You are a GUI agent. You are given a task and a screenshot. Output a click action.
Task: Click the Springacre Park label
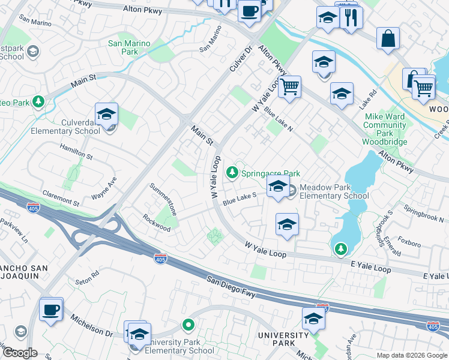pyautogui.click(x=270, y=173)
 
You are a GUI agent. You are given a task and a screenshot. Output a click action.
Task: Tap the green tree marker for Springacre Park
pyautogui.click(x=232, y=173)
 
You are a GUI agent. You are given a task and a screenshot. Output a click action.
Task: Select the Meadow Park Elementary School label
pyautogui.click(x=334, y=191)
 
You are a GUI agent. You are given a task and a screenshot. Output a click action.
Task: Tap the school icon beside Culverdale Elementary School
pyautogui.click(x=107, y=114)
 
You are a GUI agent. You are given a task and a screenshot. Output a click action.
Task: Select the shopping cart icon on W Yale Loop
pyautogui.click(x=289, y=87)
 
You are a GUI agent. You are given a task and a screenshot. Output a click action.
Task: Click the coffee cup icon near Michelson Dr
pyautogui.click(x=51, y=310)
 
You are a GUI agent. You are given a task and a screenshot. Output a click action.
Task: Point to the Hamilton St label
pyautogui.click(x=76, y=152)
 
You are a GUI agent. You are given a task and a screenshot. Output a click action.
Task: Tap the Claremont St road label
pyautogui.click(x=61, y=199)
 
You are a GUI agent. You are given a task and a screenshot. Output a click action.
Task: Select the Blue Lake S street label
pyautogui.click(x=240, y=199)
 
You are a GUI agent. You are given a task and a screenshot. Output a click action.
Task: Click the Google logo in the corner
pyautogui.click(x=19, y=352)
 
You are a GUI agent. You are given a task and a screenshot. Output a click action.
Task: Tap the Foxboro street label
pyautogui.click(x=409, y=244)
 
